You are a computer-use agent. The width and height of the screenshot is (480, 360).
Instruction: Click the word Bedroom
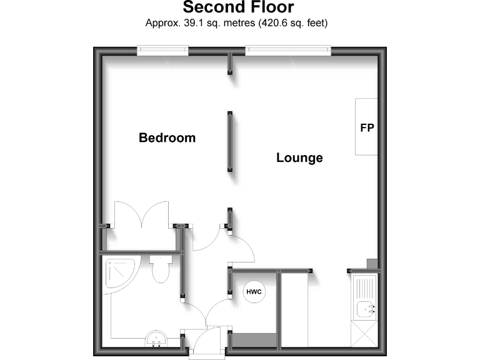click(167, 137)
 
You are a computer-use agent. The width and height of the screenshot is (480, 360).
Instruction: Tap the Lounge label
click(299, 157)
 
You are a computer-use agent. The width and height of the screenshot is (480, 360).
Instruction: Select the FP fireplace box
click(367, 127)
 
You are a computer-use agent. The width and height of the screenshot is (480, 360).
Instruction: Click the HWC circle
click(254, 292)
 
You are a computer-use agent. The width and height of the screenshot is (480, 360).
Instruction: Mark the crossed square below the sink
click(364, 334)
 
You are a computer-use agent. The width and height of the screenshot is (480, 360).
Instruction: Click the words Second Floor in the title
click(238, 8)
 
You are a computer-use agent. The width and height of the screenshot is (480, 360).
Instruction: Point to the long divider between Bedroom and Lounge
click(230, 142)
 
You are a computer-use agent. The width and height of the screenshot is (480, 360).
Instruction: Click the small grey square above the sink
click(372, 264)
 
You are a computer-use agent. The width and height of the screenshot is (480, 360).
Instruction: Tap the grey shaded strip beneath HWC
click(254, 341)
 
